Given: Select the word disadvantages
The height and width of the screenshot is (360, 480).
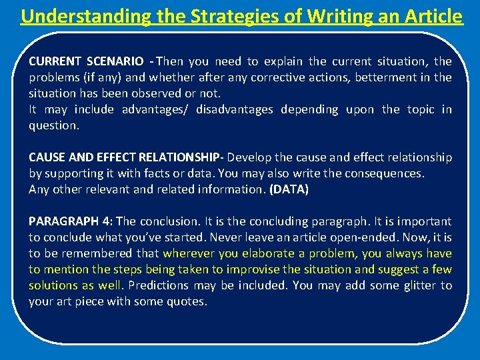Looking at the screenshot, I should click(x=235, y=109).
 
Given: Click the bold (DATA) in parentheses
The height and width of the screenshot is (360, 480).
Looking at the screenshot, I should click(x=288, y=189).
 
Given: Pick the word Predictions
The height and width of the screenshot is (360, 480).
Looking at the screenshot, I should click(x=158, y=285).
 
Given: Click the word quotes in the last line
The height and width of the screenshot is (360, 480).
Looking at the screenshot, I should click(x=189, y=301).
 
